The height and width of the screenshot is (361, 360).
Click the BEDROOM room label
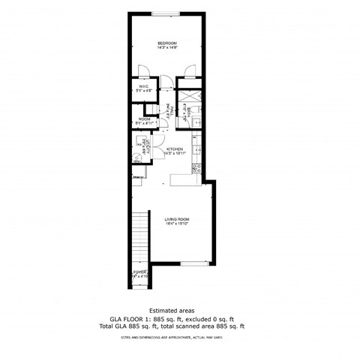pyautogui.click(x=166, y=43)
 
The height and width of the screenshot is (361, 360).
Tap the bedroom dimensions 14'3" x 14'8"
pyautogui.click(x=166, y=48)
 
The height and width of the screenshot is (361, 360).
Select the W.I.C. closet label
pyautogui.click(x=142, y=87)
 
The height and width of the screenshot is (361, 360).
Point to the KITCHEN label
pyautogui.click(x=175, y=149)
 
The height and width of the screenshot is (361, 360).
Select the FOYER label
pyautogui.click(x=139, y=272)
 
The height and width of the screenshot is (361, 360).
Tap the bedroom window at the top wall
pyautogui.click(x=166, y=14)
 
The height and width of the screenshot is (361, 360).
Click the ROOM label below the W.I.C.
pyautogui.click(x=144, y=119)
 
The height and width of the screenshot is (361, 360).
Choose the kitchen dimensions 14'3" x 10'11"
pyautogui.click(x=175, y=154)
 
